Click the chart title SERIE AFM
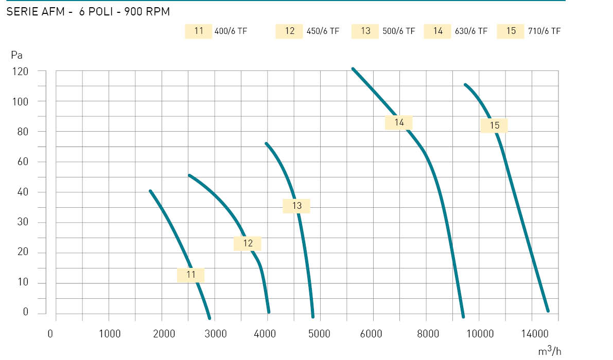[36, 12]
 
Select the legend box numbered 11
[199, 31]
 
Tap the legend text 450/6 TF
[323, 31]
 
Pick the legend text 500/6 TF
[399, 31]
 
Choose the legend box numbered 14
[437, 31]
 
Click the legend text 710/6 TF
[544, 31]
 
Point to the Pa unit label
[17, 56]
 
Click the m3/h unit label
[550, 351]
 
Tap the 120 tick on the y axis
[20, 71]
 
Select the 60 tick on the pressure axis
[23, 161]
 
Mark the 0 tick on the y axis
[26, 312]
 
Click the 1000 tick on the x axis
[110, 334]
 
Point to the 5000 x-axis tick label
[320, 334]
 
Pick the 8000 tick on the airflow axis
[428, 334]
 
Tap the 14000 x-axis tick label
[535, 334]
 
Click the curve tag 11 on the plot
[191, 275]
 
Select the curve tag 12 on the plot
[248, 244]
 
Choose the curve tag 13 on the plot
[297, 206]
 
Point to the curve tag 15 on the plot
[494, 125]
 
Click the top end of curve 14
[353, 69]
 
